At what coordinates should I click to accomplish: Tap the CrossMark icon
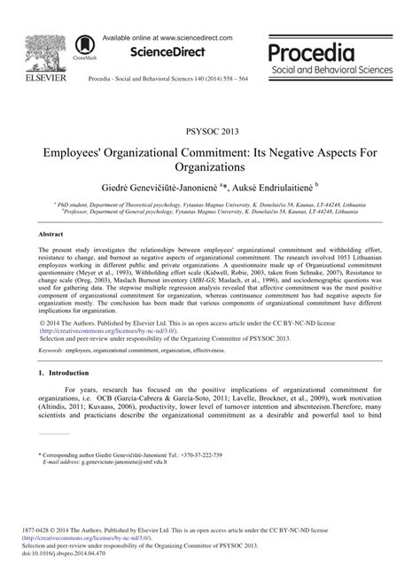86,47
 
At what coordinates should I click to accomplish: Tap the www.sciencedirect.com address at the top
190,39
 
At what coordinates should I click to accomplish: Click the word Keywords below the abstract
55,351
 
